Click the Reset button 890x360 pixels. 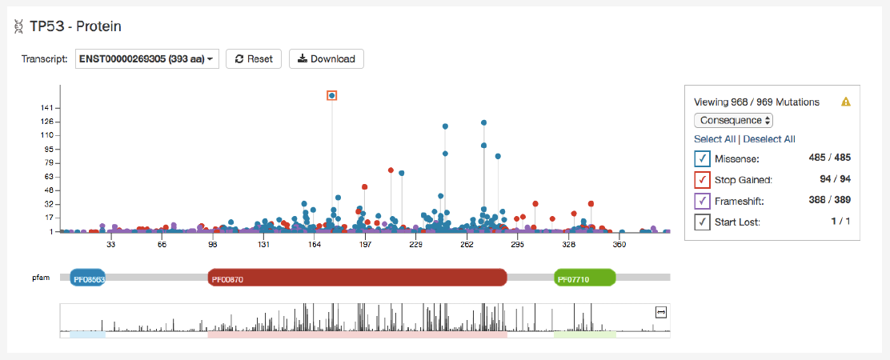pyautogui.click(x=254, y=59)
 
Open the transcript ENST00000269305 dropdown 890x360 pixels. pyautogui.click(x=147, y=59)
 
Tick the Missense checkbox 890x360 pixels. pyautogui.click(x=701, y=158)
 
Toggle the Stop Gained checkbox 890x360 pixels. pyautogui.click(x=701, y=180)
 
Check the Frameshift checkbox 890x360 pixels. pyautogui.click(x=701, y=201)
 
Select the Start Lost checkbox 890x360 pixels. pyautogui.click(x=701, y=222)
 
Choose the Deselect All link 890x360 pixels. pyautogui.click(x=769, y=139)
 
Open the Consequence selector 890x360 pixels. pyautogui.click(x=734, y=120)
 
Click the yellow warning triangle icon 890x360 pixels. pyautogui.click(x=845, y=102)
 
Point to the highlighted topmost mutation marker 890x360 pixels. pyautogui.click(x=331, y=96)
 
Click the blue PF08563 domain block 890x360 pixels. pyautogui.click(x=88, y=278)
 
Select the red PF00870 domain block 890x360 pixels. pyautogui.click(x=357, y=278)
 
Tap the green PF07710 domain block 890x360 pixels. pyautogui.click(x=585, y=278)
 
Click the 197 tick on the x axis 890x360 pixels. pyautogui.click(x=365, y=245)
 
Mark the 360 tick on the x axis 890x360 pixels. pyautogui.click(x=619, y=245)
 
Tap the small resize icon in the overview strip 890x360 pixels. pyautogui.click(x=660, y=313)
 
